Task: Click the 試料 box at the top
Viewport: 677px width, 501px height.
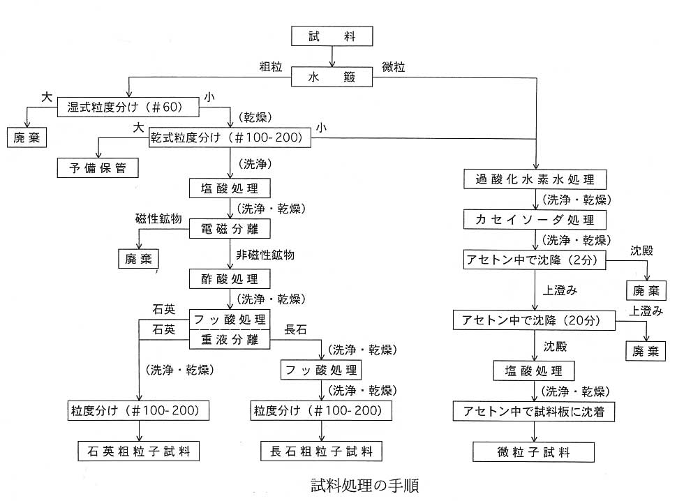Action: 332,36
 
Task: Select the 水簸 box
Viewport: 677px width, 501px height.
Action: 332,77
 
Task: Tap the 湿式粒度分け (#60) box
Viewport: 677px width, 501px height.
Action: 128,107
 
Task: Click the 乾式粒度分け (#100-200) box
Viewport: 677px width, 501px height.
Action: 230,137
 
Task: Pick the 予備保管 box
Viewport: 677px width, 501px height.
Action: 98,168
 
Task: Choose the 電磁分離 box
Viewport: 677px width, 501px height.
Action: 230,229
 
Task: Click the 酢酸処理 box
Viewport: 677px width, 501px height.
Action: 230,279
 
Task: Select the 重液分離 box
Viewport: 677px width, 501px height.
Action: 230,340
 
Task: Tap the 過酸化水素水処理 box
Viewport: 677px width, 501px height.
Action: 535,179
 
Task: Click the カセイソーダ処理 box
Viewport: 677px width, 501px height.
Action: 535,219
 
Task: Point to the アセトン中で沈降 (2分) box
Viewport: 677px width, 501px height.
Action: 535,260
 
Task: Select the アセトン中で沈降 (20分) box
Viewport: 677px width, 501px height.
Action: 534,320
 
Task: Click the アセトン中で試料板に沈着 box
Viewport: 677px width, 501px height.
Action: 534,411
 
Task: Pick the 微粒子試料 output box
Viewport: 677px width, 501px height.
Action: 534,451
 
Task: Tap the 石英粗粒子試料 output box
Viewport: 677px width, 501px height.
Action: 139,451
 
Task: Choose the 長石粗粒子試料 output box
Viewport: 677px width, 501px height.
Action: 321,451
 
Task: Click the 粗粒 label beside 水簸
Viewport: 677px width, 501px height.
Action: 271,67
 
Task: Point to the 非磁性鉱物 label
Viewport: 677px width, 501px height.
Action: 265,255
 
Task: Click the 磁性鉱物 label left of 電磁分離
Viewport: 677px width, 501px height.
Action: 158,219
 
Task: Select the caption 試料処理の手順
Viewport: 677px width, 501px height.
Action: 365,486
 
